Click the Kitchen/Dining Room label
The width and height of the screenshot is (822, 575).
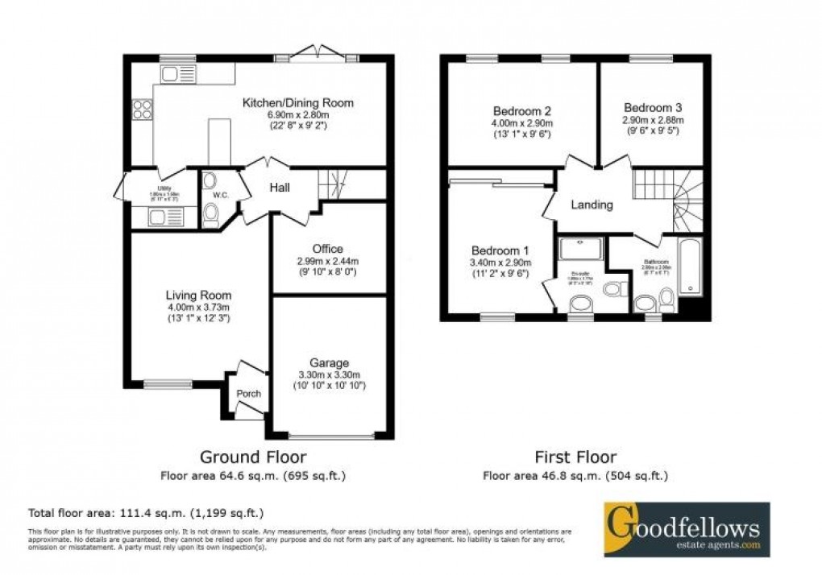299,103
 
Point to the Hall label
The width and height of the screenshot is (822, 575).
280,188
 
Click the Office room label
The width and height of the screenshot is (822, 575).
328,249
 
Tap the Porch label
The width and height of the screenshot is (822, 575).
248,394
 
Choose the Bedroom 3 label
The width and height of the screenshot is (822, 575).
653,108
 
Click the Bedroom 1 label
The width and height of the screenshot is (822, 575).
500,250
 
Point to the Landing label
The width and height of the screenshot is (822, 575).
592,205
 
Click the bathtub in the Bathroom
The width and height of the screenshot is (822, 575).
691,267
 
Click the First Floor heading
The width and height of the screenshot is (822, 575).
575,457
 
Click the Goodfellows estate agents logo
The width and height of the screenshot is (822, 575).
687,529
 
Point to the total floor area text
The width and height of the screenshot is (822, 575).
146,512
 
